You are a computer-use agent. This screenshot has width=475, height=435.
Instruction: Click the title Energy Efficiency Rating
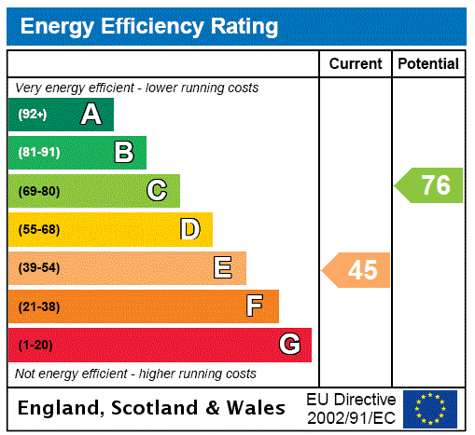pyautogui.click(x=149, y=26)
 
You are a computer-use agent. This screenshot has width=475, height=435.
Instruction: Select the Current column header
pyautogui.click(x=356, y=64)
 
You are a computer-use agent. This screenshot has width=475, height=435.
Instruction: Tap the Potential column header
pyautogui.click(x=428, y=64)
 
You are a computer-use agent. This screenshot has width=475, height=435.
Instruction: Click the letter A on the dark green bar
pyautogui.click(x=91, y=115)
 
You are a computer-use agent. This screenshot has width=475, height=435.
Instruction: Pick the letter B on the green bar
pyautogui.click(x=123, y=153)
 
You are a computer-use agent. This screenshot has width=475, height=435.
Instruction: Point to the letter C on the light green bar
pyautogui.click(x=157, y=191)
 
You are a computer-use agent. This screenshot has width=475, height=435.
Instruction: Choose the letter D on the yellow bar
pyautogui.click(x=190, y=229)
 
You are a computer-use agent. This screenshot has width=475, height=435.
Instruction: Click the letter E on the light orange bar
pyautogui.click(x=223, y=268)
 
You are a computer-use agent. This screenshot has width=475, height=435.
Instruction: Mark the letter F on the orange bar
pyautogui.click(x=255, y=306)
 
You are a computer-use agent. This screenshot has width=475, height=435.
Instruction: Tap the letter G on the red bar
pyautogui.click(x=289, y=345)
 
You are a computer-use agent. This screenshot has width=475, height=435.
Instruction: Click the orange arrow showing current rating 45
pyautogui.click(x=357, y=270)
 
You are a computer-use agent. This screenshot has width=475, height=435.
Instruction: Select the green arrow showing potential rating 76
pyautogui.click(x=430, y=184)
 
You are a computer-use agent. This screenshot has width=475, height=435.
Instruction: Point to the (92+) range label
pyautogui.click(x=33, y=116)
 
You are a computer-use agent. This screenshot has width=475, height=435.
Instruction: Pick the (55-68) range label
pyautogui.click(x=39, y=230)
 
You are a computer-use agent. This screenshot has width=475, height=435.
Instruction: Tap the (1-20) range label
pyautogui.click(x=35, y=346)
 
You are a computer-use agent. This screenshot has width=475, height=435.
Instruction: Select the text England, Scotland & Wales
pyautogui.click(x=152, y=408)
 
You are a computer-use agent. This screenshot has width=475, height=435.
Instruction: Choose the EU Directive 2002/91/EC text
pyautogui.click(x=351, y=408)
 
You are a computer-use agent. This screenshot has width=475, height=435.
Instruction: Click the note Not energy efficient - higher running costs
pyautogui.click(x=135, y=374)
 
